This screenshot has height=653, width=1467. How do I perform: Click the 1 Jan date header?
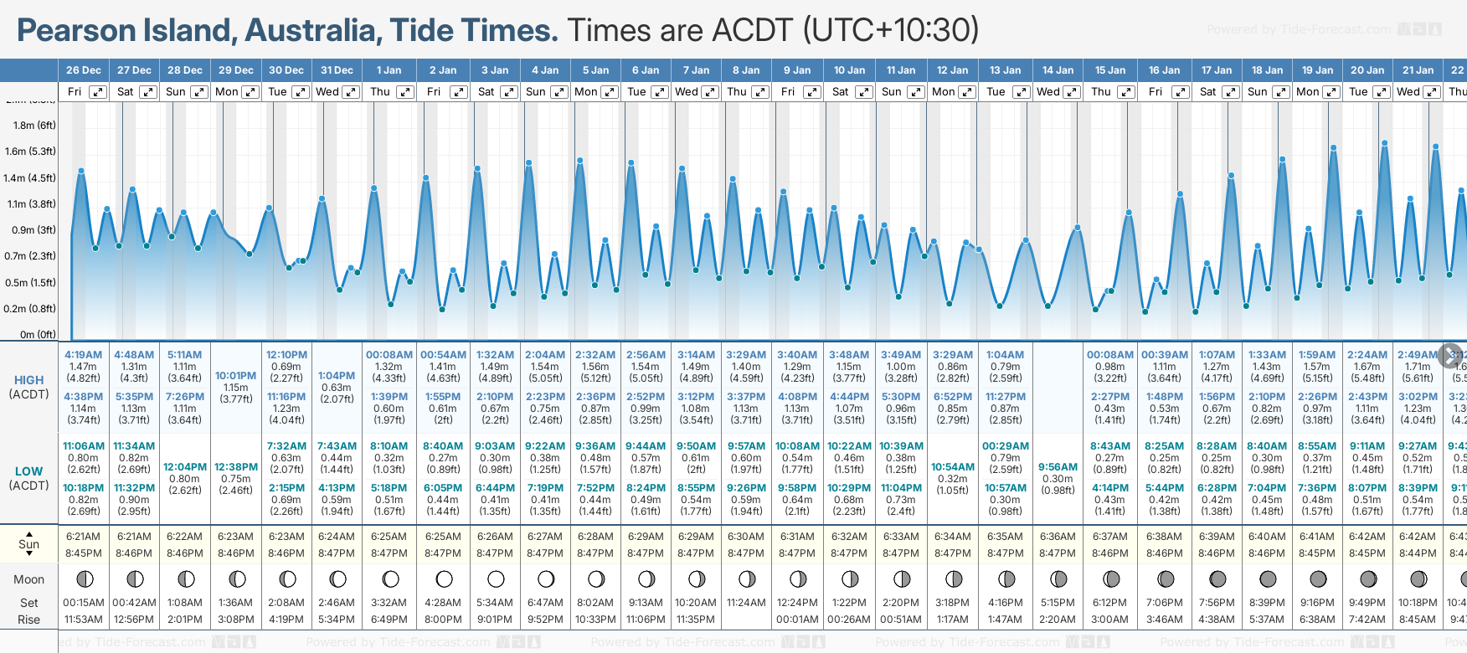tap(389, 70)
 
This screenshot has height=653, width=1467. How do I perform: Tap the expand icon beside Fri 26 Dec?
tap(98, 92)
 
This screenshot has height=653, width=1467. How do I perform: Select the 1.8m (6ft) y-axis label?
tap(34, 126)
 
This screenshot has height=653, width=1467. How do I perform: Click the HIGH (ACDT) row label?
tap(28, 387)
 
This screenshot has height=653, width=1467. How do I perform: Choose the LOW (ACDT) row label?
tap(28, 478)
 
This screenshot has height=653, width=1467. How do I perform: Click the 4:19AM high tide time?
tap(83, 355)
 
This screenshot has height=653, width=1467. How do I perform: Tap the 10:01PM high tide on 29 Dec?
tap(236, 376)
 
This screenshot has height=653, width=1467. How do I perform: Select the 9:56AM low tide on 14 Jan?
tap(1058, 467)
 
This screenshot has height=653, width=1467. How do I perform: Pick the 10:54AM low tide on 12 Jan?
tap(953, 467)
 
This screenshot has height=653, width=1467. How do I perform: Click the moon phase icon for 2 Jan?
tap(444, 578)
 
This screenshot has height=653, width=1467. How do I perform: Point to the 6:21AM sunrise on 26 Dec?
tap(83, 537)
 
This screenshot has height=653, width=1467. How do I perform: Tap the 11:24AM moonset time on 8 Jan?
tap(746, 603)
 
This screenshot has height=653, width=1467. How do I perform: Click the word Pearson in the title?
tap(76, 31)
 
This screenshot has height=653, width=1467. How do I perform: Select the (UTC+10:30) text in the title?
tap(891, 31)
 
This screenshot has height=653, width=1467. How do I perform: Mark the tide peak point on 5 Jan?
tap(579, 160)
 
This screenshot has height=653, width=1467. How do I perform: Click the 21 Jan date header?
tap(1418, 70)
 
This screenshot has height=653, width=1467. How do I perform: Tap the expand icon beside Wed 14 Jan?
tap(1071, 92)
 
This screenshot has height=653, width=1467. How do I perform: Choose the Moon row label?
tap(28, 579)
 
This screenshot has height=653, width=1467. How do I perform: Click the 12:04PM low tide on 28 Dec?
tap(185, 467)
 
